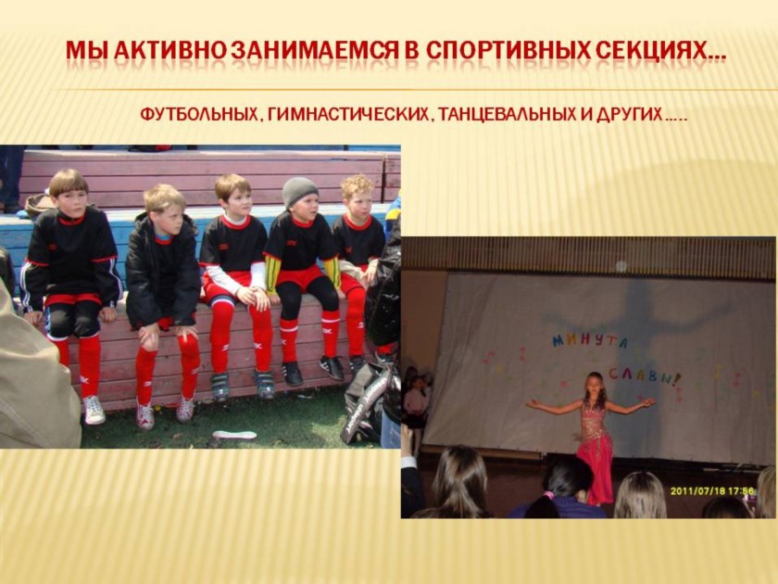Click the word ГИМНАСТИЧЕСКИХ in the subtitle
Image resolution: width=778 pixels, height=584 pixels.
pyautogui.click(x=348, y=115)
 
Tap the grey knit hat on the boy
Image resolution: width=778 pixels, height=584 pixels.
pyautogui.click(x=300, y=191)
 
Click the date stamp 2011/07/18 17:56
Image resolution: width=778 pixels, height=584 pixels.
pyautogui.click(x=712, y=491)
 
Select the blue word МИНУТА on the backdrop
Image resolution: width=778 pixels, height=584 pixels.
pyautogui.click(x=590, y=341)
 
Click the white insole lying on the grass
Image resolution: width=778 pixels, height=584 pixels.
pyautogui.click(x=234, y=435)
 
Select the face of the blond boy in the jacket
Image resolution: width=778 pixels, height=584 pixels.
pyautogui.click(x=169, y=219)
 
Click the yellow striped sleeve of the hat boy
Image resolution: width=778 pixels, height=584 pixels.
pyautogui.click(x=270, y=273)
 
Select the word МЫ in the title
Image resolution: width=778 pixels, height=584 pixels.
pyautogui.click(x=88, y=51)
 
